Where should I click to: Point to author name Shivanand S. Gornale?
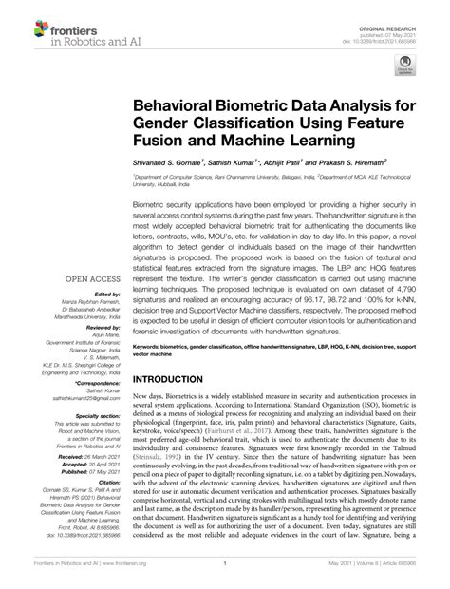189,163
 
